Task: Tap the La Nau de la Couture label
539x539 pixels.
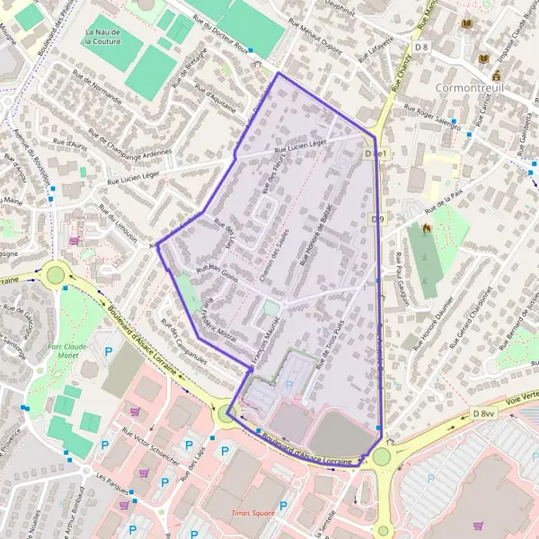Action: (x=102, y=35)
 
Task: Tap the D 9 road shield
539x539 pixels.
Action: (x=377, y=218)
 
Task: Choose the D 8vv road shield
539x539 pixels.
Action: (x=484, y=412)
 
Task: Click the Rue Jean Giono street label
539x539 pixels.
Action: (x=216, y=274)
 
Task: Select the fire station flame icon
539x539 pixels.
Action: (x=426, y=228)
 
